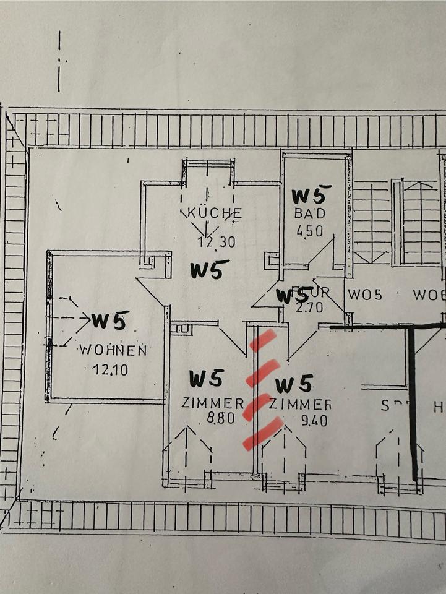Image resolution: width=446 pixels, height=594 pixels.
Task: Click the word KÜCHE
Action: [211, 213]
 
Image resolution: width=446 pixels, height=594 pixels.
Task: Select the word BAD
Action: [309, 213]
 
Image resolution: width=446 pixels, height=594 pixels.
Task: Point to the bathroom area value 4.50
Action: [309, 230]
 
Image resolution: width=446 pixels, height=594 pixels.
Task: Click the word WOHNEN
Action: [113, 350]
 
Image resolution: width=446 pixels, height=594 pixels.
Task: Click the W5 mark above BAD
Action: [311, 195]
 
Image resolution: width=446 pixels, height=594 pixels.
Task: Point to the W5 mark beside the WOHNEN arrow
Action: [110, 320]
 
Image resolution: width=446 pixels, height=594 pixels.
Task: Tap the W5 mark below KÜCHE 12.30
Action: [209, 270]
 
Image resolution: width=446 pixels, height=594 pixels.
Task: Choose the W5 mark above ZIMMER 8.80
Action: [206, 378]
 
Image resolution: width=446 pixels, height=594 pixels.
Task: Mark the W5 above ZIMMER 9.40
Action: [293, 384]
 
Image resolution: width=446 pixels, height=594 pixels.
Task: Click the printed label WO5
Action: [364, 295]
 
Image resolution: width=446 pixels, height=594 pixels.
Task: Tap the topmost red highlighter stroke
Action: [262, 340]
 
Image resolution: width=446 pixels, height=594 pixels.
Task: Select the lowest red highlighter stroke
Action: [263, 433]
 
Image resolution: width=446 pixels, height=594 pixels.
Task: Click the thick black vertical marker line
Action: [413, 402]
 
